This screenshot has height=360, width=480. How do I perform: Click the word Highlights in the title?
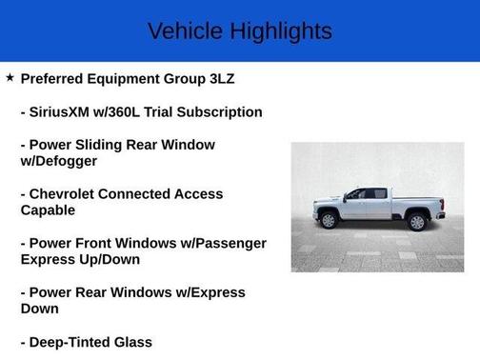pos(279,30)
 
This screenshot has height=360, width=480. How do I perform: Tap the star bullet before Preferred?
pos(10,77)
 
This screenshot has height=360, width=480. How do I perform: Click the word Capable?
pos(48,210)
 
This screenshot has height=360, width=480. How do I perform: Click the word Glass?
pos(132,341)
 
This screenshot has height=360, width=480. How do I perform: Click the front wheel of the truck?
pos(330,221)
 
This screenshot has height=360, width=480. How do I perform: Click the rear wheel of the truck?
pos(416,222)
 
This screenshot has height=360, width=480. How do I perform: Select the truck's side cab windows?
pos(367,194)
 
